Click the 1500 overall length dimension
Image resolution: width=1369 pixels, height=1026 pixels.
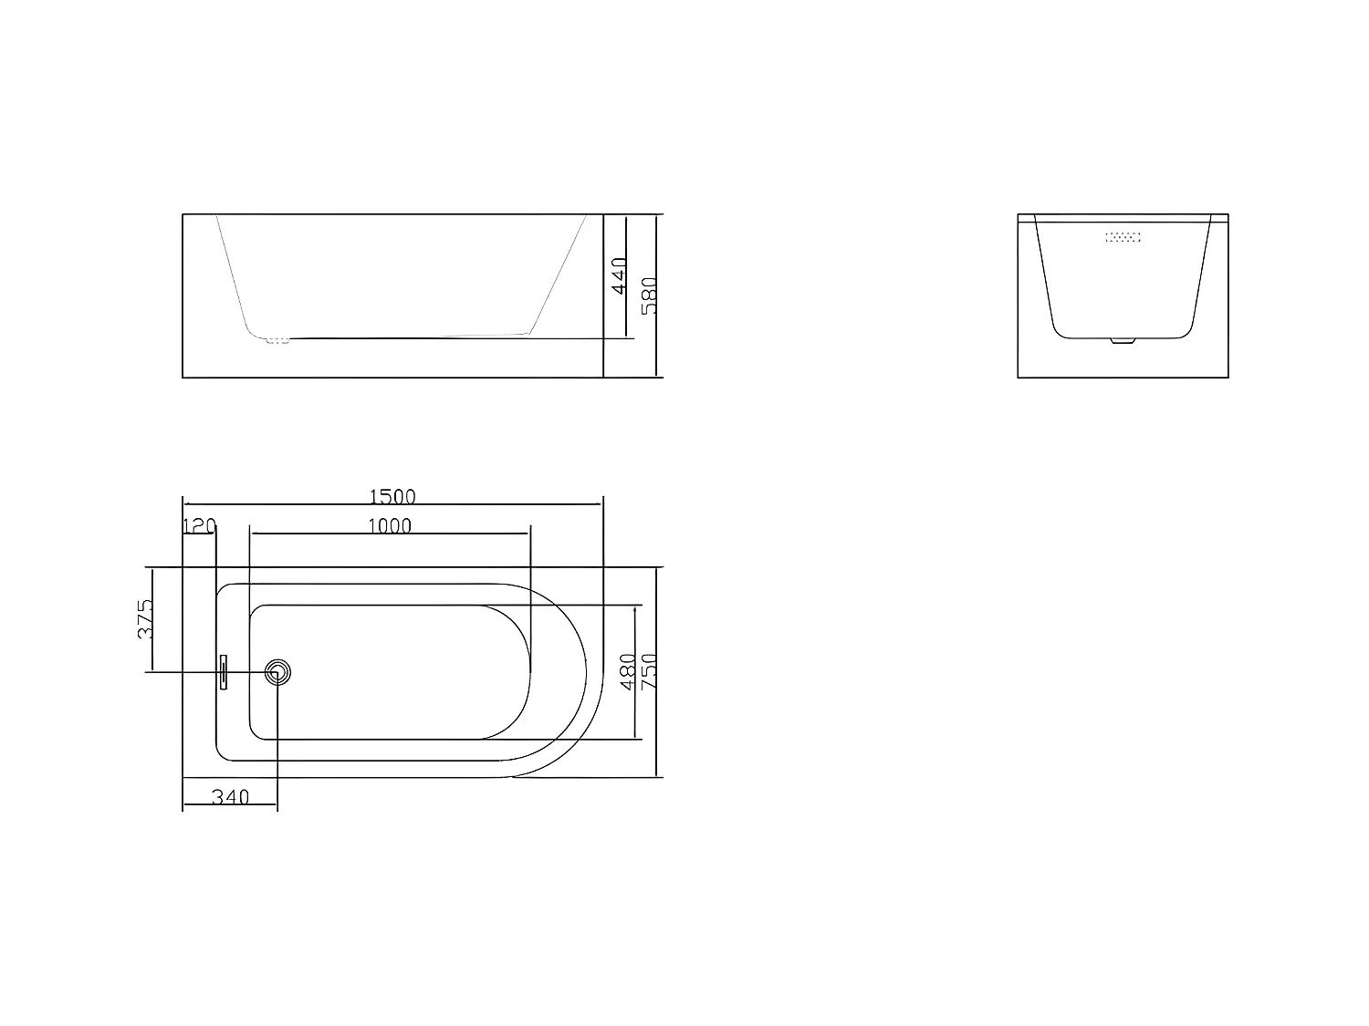click(392, 496)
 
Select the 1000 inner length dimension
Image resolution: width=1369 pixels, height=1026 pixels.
click(390, 525)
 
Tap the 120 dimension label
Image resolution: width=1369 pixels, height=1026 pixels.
click(199, 525)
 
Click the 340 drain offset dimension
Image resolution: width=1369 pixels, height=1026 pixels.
click(230, 796)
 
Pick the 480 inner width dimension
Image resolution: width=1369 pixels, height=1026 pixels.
click(628, 671)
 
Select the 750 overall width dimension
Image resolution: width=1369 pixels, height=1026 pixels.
click(649, 671)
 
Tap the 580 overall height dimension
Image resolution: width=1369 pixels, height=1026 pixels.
click(649, 295)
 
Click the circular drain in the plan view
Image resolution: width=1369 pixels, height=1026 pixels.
click(278, 673)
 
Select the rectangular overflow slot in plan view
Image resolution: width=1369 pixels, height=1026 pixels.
click(223, 673)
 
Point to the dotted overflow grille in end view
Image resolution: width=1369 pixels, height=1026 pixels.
click(1123, 237)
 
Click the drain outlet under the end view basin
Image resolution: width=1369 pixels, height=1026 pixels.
click(1121, 342)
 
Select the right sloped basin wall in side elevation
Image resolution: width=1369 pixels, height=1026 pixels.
click(559, 274)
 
